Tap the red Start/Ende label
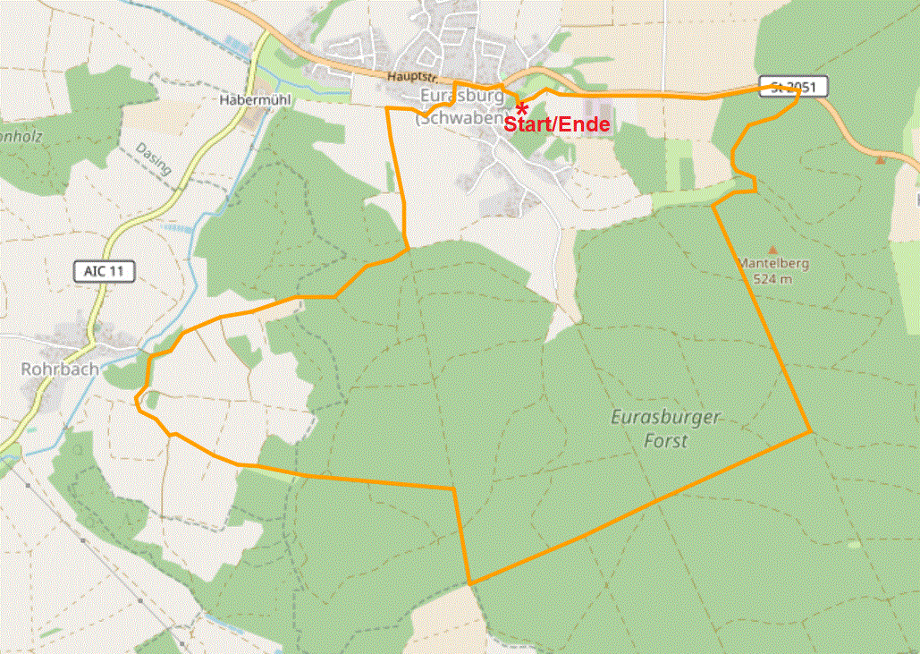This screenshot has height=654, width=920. tap(556, 125)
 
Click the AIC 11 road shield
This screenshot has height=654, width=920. tap(104, 271)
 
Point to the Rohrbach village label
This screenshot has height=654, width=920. tap(60, 369)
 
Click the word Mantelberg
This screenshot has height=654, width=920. tap(772, 264)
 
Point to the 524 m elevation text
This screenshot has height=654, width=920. tap(772, 279)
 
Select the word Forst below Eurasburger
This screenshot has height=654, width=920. tap(666, 441)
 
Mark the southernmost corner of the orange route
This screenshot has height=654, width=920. tap(469, 583)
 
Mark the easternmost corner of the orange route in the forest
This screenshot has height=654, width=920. tap(811, 432)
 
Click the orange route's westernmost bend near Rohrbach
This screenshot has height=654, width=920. tap(137, 401)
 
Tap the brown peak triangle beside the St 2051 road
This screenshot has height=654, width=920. tap(882, 159)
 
